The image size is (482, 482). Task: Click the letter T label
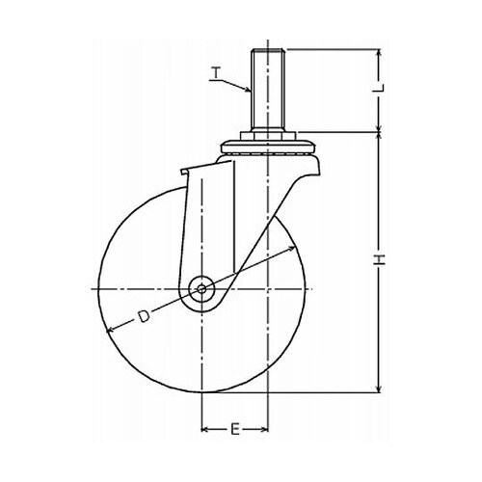[x=216, y=72]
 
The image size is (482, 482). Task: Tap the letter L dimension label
[x=380, y=88]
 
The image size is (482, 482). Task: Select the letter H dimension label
[x=380, y=259]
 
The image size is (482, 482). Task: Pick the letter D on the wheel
[x=144, y=316]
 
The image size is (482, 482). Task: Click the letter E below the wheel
[x=235, y=430]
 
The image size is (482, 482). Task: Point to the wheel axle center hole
[x=201, y=289]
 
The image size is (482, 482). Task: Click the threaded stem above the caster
[x=268, y=90]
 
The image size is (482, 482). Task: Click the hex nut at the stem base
[x=268, y=135]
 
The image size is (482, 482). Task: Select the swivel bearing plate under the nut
[x=268, y=147]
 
